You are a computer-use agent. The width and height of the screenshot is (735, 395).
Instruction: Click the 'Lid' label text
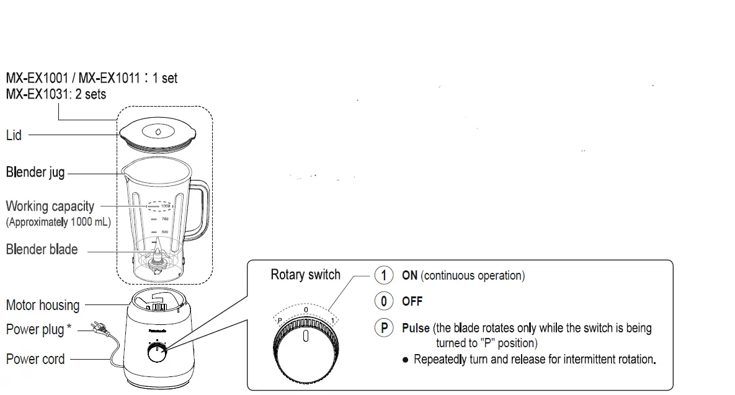14,135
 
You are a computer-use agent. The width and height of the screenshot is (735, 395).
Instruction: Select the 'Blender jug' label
35,172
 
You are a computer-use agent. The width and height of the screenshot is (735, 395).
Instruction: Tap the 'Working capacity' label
50,206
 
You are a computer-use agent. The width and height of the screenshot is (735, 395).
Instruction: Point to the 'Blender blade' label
42,250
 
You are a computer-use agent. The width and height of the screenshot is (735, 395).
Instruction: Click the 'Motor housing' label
43,305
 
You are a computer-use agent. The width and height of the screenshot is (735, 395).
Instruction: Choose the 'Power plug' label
35,329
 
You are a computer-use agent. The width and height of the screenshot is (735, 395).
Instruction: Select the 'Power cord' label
35,359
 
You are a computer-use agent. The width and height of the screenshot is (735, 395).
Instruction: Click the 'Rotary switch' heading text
305,275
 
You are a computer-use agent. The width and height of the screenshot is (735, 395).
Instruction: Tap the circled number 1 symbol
384,275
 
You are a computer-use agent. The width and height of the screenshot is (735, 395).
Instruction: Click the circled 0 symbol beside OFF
384,301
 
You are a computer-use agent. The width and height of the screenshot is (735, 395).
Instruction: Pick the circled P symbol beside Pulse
384,328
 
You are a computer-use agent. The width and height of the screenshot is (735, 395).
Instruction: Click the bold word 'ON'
409,276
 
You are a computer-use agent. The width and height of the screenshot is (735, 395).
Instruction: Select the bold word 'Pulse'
416,328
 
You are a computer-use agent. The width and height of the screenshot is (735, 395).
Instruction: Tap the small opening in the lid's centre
158,131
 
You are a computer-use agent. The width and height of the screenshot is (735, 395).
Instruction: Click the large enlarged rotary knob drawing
306,351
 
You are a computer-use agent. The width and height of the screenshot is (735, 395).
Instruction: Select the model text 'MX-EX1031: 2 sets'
56,94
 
